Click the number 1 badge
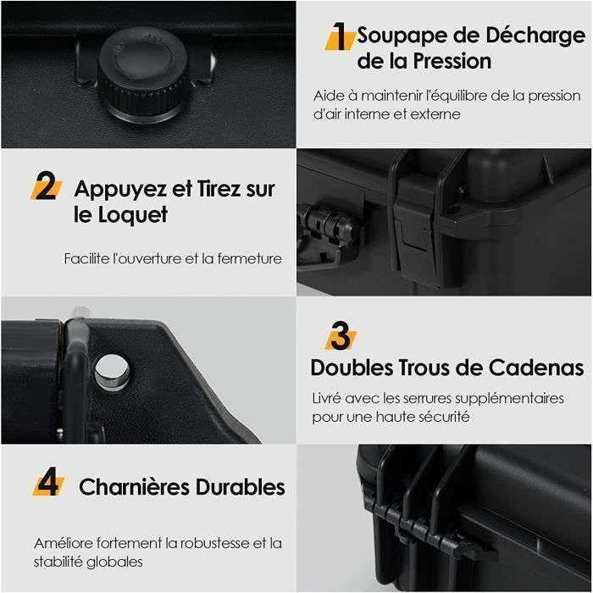tap(339, 37)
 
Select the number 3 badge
tap(340, 336)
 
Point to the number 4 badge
tap(48, 485)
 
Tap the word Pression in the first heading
tap(452, 62)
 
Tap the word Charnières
tap(134, 487)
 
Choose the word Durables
tap(241, 487)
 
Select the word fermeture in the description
tap(249, 258)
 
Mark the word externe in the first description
tap(432, 114)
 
